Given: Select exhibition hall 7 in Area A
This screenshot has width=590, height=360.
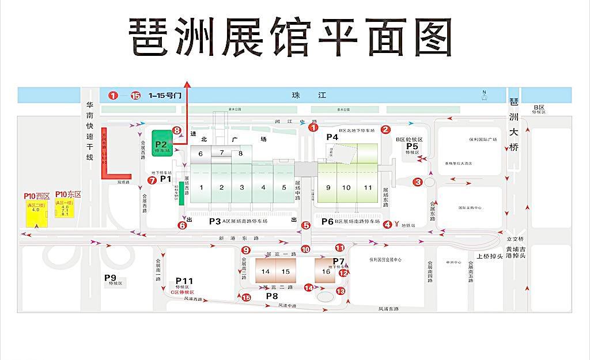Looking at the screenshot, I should [221, 153].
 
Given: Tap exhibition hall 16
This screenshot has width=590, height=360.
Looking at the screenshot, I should [326, 271].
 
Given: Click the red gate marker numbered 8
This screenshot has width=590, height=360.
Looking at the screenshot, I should [177, 131].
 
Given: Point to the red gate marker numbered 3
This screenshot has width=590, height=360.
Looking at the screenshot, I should [418, 182].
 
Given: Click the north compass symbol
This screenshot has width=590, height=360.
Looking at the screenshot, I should [485, 96].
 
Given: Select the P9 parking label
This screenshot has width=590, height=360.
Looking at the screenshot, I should [110, 278].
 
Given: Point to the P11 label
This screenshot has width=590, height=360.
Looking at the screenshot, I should [184, 281].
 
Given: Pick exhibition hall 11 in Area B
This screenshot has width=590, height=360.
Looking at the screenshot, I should [368, 188].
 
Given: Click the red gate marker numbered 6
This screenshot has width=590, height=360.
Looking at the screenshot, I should [182, 226].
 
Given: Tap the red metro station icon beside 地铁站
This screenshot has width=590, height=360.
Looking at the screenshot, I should [397, 224].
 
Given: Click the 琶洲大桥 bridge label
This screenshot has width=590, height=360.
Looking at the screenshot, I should [514, 124].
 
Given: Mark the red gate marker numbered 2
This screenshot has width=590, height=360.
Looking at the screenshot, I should [386, 130].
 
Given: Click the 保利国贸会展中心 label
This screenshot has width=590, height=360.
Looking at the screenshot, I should [385, 260].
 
